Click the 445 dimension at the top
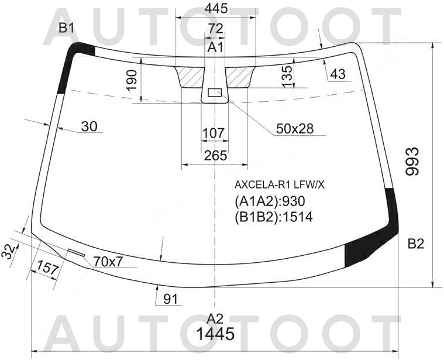(216, 9)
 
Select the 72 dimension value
(216, 29)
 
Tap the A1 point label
(216, 47)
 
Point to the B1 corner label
(66, 28)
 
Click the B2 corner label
(415, 244)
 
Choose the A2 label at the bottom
(215, 318)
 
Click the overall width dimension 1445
(215, 335)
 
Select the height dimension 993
(413, 162)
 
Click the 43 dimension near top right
(338, 74)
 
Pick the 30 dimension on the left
(89, 126)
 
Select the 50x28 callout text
(295, 129)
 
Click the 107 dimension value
(214, 133)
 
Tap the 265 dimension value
(215, 156)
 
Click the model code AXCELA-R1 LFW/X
(279, 184)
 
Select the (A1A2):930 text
(270, 201)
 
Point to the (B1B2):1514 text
(273, 217)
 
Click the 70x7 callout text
(108, 262)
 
